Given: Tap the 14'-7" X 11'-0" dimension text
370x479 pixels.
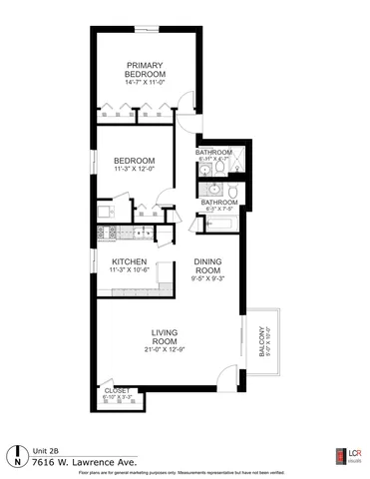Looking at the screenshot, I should pyautogui.click(x=145, y=83).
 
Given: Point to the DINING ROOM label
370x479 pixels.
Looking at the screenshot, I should pyautogui.click(x=206, y=265).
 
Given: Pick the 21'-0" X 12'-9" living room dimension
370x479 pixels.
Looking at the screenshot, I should pyautogui.click(x=165, y=350).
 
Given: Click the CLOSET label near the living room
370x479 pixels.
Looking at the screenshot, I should pyautogui.click(x=118, y=390).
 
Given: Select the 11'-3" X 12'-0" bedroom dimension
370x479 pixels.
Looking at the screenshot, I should pyautogui.click(x=133, y=169).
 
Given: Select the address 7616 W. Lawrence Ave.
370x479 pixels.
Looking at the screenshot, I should pyautogui.click(x=76, y=462).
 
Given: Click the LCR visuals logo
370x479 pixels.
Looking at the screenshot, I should pyautogui.click(x=348, y=454).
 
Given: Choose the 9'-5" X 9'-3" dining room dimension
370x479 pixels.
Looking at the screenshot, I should pyautogui.click(x=206, y=279).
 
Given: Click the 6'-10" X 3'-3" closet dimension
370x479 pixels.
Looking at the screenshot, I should pyautogui.click(x=118, y=397).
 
